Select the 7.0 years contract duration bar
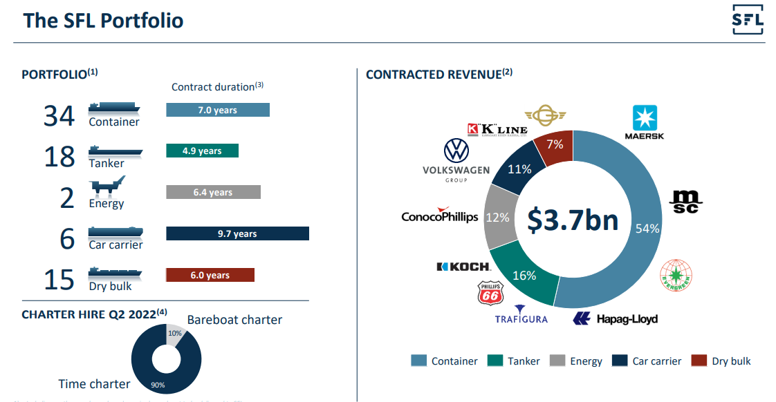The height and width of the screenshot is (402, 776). pyautogui.click(x=217, y=110)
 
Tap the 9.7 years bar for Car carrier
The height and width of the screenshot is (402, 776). pyautogui.click(x=237, y=233)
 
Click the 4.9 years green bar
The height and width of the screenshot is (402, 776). pyautogui.click(x=202, y=151)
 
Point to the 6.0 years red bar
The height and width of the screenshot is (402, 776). pyautogui.click(x=210, y=275)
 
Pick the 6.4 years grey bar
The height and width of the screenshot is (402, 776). pyautogui.click(x=213, y=192)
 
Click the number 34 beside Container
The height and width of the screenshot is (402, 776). pyautogui.click(x=59, y=115)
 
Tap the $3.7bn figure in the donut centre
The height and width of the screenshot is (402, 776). pyautogui.click(x=572, y=220)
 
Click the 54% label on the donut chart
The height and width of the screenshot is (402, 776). pyautogui.click(x=647, y=229)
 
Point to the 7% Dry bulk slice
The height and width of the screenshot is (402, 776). pyautogui.click(x=555, y=144)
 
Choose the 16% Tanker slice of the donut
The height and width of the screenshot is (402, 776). pyautogui.click(x=524, y=276)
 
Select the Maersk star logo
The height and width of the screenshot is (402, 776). pyautogui.click(x=644, y=118)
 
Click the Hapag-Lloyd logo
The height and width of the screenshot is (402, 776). pyautogui.click(x=615, y=318)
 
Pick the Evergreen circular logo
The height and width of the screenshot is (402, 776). pyautogui.click(x=676, y=274)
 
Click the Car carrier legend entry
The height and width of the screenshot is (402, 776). pyautogui.click(x=648, y=361)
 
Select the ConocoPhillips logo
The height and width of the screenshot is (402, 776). pyautogui.click(x=440, y=216)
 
